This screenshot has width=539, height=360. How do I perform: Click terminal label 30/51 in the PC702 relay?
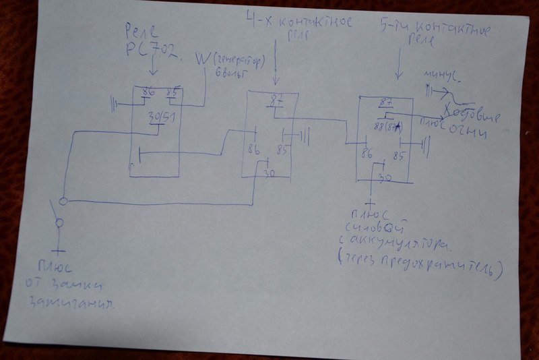coord(160,118)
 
